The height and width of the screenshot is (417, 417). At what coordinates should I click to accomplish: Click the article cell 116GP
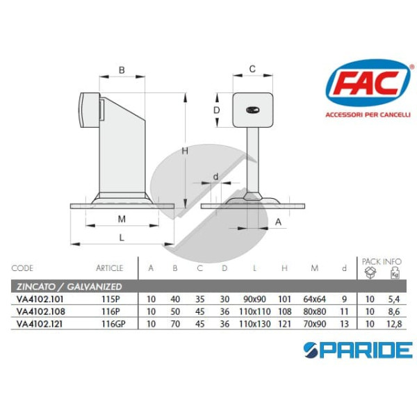(x=111, y=323)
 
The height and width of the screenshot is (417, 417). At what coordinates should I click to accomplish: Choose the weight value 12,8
(x=394, y=323)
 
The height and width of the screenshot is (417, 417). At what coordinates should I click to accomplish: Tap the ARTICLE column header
(x=109, y=268)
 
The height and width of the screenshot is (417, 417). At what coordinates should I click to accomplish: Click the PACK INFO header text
(x=382, y=261)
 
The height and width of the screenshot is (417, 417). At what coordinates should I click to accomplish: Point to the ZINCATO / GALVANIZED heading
(x=69, y=286)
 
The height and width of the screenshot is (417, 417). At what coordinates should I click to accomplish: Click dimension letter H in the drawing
(x=185, y=151)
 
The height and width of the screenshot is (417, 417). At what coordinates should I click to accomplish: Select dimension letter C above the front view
(x=252, y=68)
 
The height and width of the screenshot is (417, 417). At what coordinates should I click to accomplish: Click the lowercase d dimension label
(x=216, y=177)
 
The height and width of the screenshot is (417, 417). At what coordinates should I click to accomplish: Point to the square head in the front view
(x=252, y=110)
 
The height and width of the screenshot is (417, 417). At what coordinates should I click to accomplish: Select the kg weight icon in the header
(x=394, y=273)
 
